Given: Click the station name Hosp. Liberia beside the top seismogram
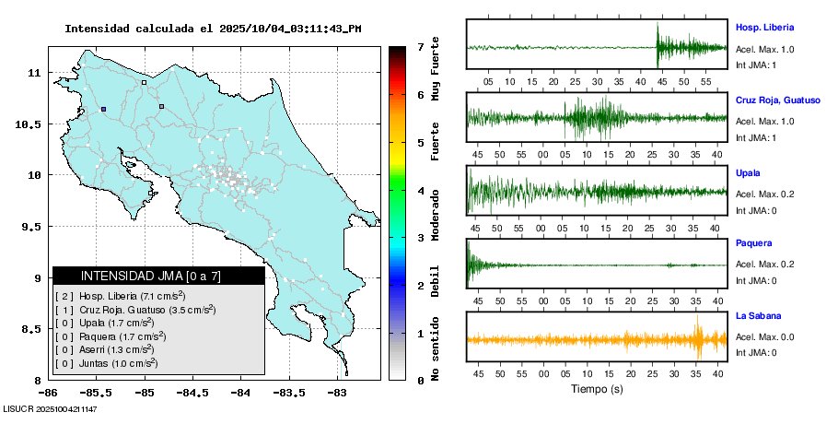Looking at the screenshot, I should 764,28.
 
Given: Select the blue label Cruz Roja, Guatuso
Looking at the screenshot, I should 777,100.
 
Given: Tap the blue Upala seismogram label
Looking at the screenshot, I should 748,172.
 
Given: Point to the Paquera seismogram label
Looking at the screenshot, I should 753,243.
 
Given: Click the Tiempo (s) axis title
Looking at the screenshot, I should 596,389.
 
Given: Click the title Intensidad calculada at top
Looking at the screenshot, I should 213,29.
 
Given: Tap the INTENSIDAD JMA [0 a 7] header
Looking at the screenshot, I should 158,276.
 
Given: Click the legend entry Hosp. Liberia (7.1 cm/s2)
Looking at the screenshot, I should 120,296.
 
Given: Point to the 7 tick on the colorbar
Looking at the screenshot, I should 420,46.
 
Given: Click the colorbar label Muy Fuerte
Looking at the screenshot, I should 436,74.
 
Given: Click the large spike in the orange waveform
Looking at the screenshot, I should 698,338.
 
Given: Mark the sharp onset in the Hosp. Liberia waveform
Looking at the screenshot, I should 658,46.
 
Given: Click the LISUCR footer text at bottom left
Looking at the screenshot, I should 51,407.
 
